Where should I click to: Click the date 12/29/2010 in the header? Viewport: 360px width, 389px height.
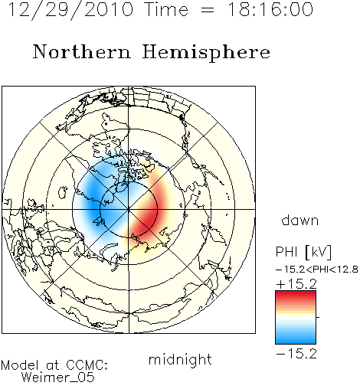[x=70, y=10]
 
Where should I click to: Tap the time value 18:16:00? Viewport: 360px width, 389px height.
[x=270, y=9]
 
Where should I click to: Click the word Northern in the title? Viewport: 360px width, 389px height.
[x=82, y=52]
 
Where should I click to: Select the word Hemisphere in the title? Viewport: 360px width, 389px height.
[x=206, y=53]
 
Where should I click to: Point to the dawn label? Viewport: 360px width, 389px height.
[x=300, y=220]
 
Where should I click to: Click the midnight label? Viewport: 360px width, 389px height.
[x=180, y=360]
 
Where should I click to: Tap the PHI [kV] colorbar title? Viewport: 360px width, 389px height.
[x=304, y=252]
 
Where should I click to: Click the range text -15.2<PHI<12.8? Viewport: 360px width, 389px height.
[x=317, y=270]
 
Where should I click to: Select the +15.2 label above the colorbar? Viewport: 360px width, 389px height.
[x=296, y=284]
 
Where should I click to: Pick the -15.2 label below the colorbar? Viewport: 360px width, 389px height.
[x=296, y=354]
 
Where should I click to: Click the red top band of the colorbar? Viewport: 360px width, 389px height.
[x=296, y=296]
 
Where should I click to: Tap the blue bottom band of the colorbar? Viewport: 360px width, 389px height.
[x=296, y=340]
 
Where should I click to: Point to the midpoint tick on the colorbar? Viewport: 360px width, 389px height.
[x=318, y=317]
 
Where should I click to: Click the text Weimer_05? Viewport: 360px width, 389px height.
[x=58, y=378]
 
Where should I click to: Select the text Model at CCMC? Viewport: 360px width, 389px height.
[x=54, y=365]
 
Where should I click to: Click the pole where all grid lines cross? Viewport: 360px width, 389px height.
[x=129, y=210]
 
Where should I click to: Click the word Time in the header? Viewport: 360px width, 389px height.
[x=166, y=10]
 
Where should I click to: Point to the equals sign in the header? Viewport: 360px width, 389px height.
[x=208, y=10]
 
